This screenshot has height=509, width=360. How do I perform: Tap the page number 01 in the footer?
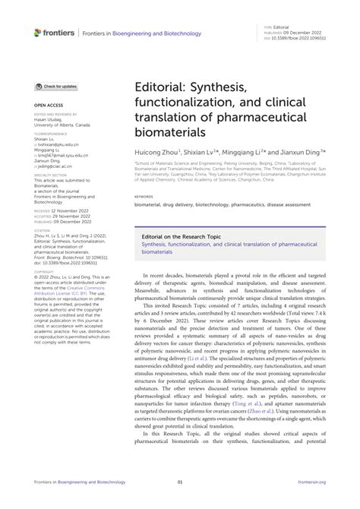[x=180, y=502]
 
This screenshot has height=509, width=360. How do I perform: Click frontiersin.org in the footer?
[x=311, y=502]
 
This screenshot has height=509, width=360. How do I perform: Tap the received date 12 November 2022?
[x=71, y=207]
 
